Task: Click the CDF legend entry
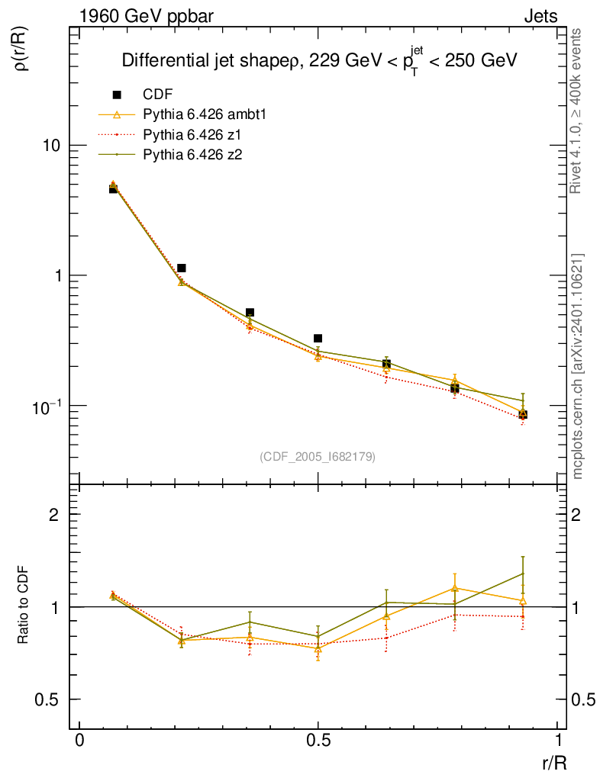click(x=158, y=95)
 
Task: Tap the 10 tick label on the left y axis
click(x=50, y=146)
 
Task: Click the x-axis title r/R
click(x=553, y=762)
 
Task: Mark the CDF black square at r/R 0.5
click(x=318, y=338)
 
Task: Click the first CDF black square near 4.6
click(x=113, y=188)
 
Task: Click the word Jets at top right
click(x=540, y=16)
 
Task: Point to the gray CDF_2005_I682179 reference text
click(x=318, y=456)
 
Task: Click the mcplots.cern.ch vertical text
click(x=578, y=366)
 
